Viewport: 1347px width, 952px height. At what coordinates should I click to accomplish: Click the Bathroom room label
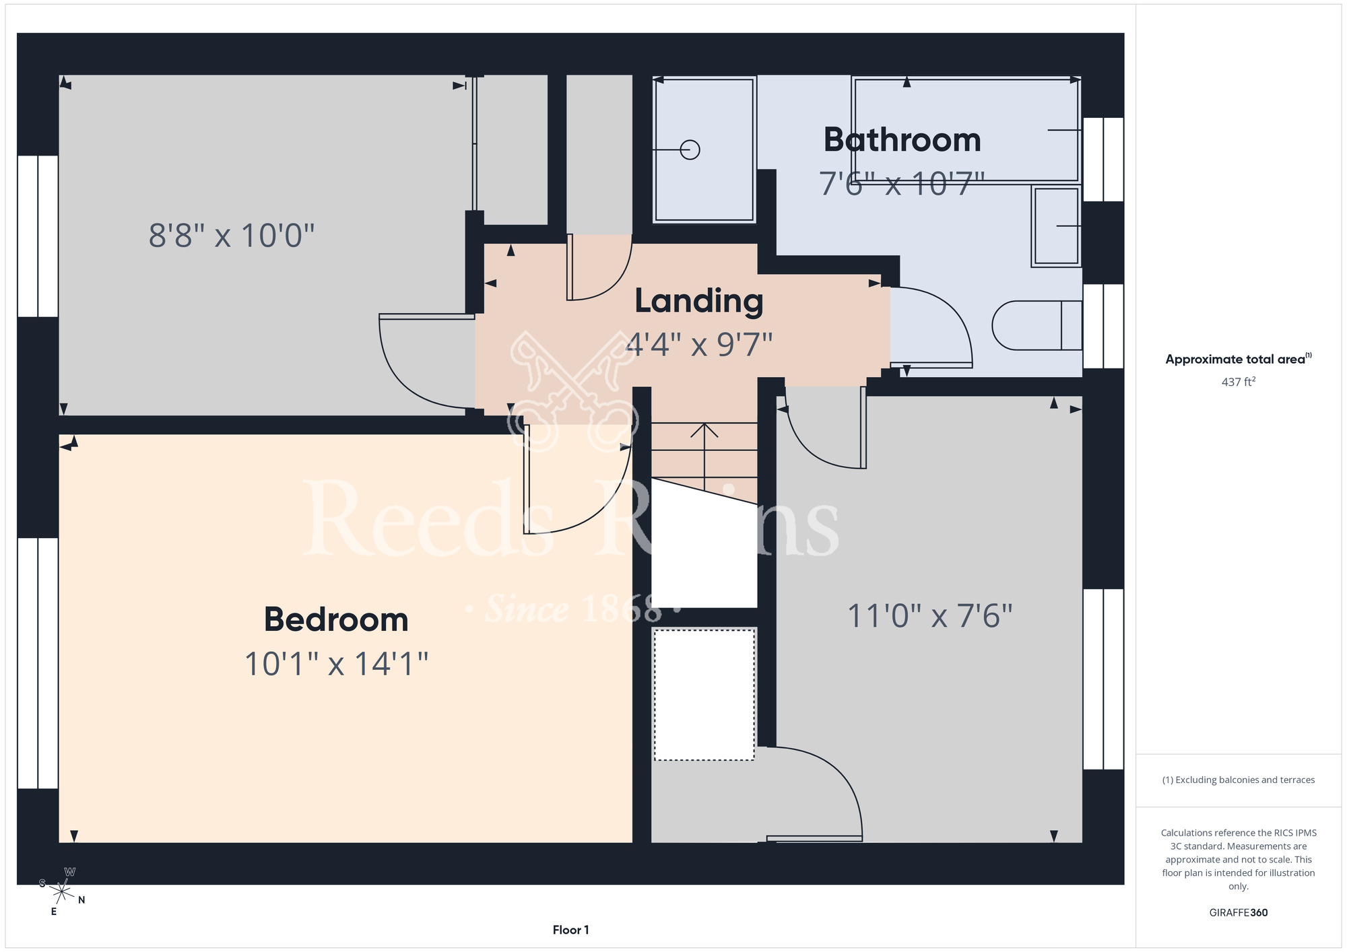click(902, 140)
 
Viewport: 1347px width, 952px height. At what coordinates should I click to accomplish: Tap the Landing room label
click(699, 301)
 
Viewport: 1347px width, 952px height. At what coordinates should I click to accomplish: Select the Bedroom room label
click(336, 619)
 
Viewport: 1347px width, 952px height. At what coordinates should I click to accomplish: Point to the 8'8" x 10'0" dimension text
click(232, 236)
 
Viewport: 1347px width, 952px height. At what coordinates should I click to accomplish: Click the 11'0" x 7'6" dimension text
click(929, 615)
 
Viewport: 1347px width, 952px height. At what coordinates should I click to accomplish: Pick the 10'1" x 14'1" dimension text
click(336, 664)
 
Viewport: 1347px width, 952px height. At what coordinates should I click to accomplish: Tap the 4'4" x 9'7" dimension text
click(699, 345)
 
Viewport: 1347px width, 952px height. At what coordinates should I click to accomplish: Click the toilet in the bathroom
click(1037, 325)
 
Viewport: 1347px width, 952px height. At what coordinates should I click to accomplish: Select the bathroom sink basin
click(1056, 226)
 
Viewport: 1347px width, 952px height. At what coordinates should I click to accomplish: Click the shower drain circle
click(690, 149)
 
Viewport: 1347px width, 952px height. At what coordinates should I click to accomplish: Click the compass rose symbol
click(62, 892)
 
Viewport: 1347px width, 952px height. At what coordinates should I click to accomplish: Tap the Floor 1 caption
click(570, 930)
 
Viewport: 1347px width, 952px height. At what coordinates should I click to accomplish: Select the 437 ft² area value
click(1239, 382)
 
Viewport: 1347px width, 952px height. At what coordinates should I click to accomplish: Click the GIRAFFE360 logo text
click(1239, 913)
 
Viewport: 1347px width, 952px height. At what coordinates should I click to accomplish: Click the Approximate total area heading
click(1239, 359)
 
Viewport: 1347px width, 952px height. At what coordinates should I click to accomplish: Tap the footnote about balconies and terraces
click(1239, 780)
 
